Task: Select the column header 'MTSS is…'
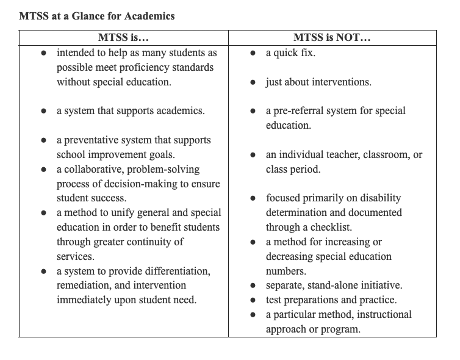coord(124,38)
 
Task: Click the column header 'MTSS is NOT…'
coord(332,38)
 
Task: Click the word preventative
coord(93,140)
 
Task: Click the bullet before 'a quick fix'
coord(253,53)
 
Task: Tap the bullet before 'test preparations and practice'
coord(253,300)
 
